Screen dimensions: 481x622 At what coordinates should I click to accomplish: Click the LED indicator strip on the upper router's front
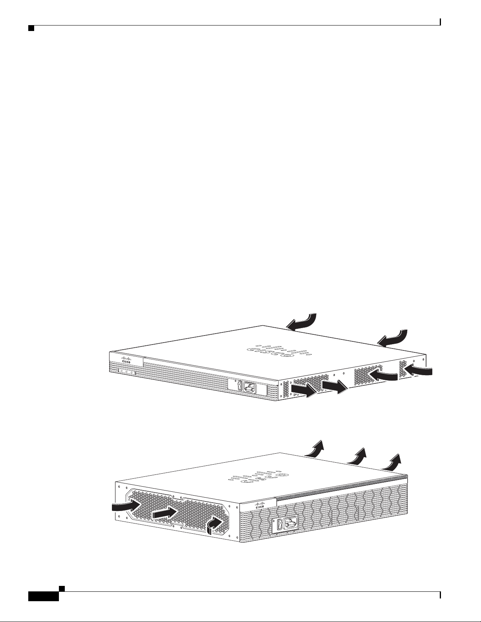(x=126, y=372)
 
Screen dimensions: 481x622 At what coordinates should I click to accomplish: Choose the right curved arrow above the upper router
(x=393, y=338)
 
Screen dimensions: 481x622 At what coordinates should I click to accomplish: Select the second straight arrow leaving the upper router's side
(x=335, y=387)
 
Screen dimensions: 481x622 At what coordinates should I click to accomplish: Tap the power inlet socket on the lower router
(x=291, y=523)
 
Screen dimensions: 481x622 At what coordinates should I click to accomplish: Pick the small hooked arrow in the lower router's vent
(x=215, y=524)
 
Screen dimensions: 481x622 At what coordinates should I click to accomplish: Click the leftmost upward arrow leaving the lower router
(x=315, y=449)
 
